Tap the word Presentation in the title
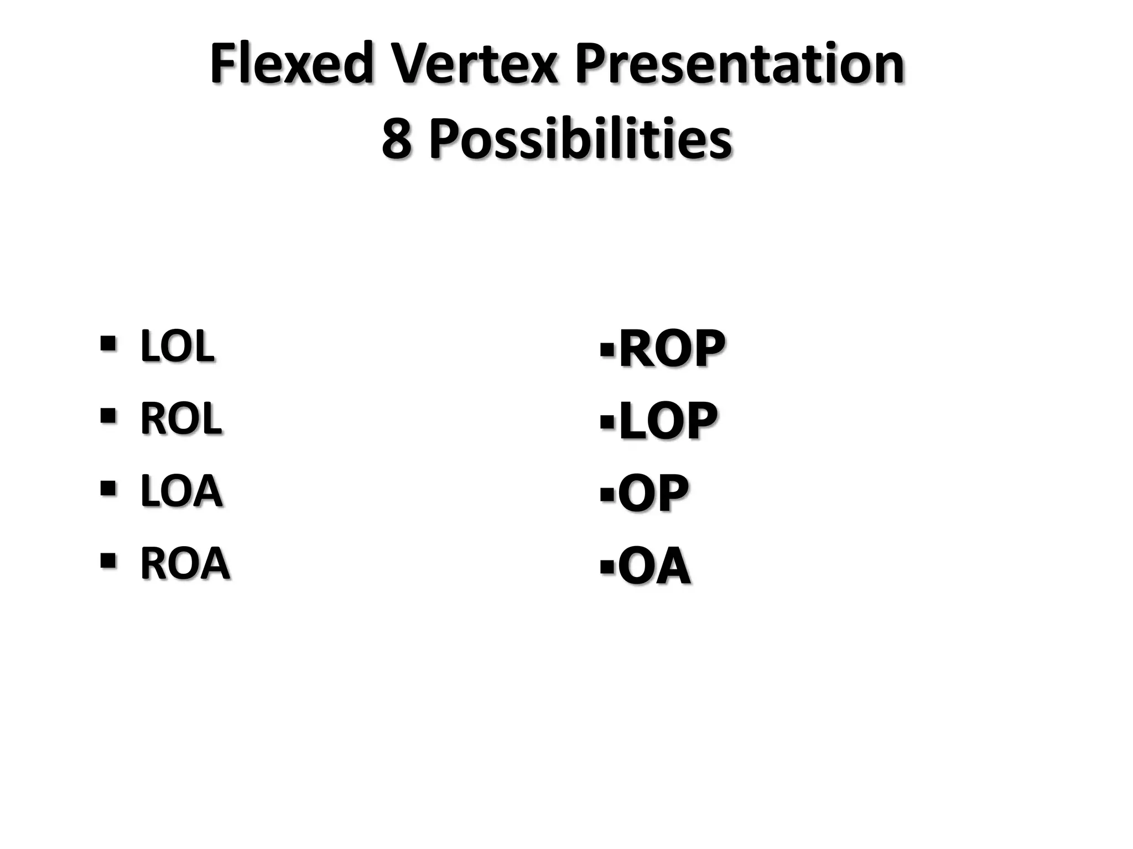point(739,65)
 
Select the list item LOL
point(177,347)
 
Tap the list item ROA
point(185,563)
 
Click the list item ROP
point(672,348)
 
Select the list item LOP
point(668,421)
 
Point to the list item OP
point(653,493)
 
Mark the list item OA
point(654,566)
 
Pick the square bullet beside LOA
point(108,488)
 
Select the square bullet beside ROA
point(108,560)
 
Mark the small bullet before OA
point(607,567)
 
